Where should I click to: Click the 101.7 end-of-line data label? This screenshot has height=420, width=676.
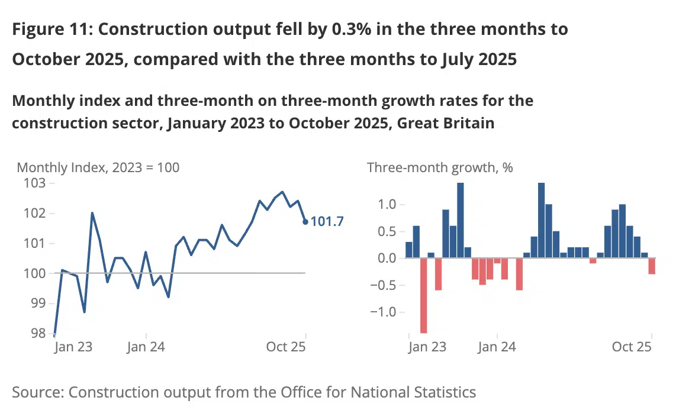tap(327, 222)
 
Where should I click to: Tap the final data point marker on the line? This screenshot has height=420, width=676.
tap(305, 222)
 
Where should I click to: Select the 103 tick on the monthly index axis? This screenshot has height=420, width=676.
tap(35, 183)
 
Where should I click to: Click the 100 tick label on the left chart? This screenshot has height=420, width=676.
tap(35, 273)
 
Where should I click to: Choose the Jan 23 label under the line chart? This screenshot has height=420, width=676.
tap(73, 347)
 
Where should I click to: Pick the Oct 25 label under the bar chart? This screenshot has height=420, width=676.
tap(631, 347)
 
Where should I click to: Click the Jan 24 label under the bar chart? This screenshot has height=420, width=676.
tap(496, 347)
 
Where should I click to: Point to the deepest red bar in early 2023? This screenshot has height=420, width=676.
tap(424, 296)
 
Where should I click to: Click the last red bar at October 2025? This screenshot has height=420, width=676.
tap(652, 266)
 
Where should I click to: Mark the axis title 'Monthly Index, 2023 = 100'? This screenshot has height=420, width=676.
tap(98, 167)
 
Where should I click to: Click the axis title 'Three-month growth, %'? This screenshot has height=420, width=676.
tap(440, 167)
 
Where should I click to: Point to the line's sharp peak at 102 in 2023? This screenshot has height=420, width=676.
tap(92, 213)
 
